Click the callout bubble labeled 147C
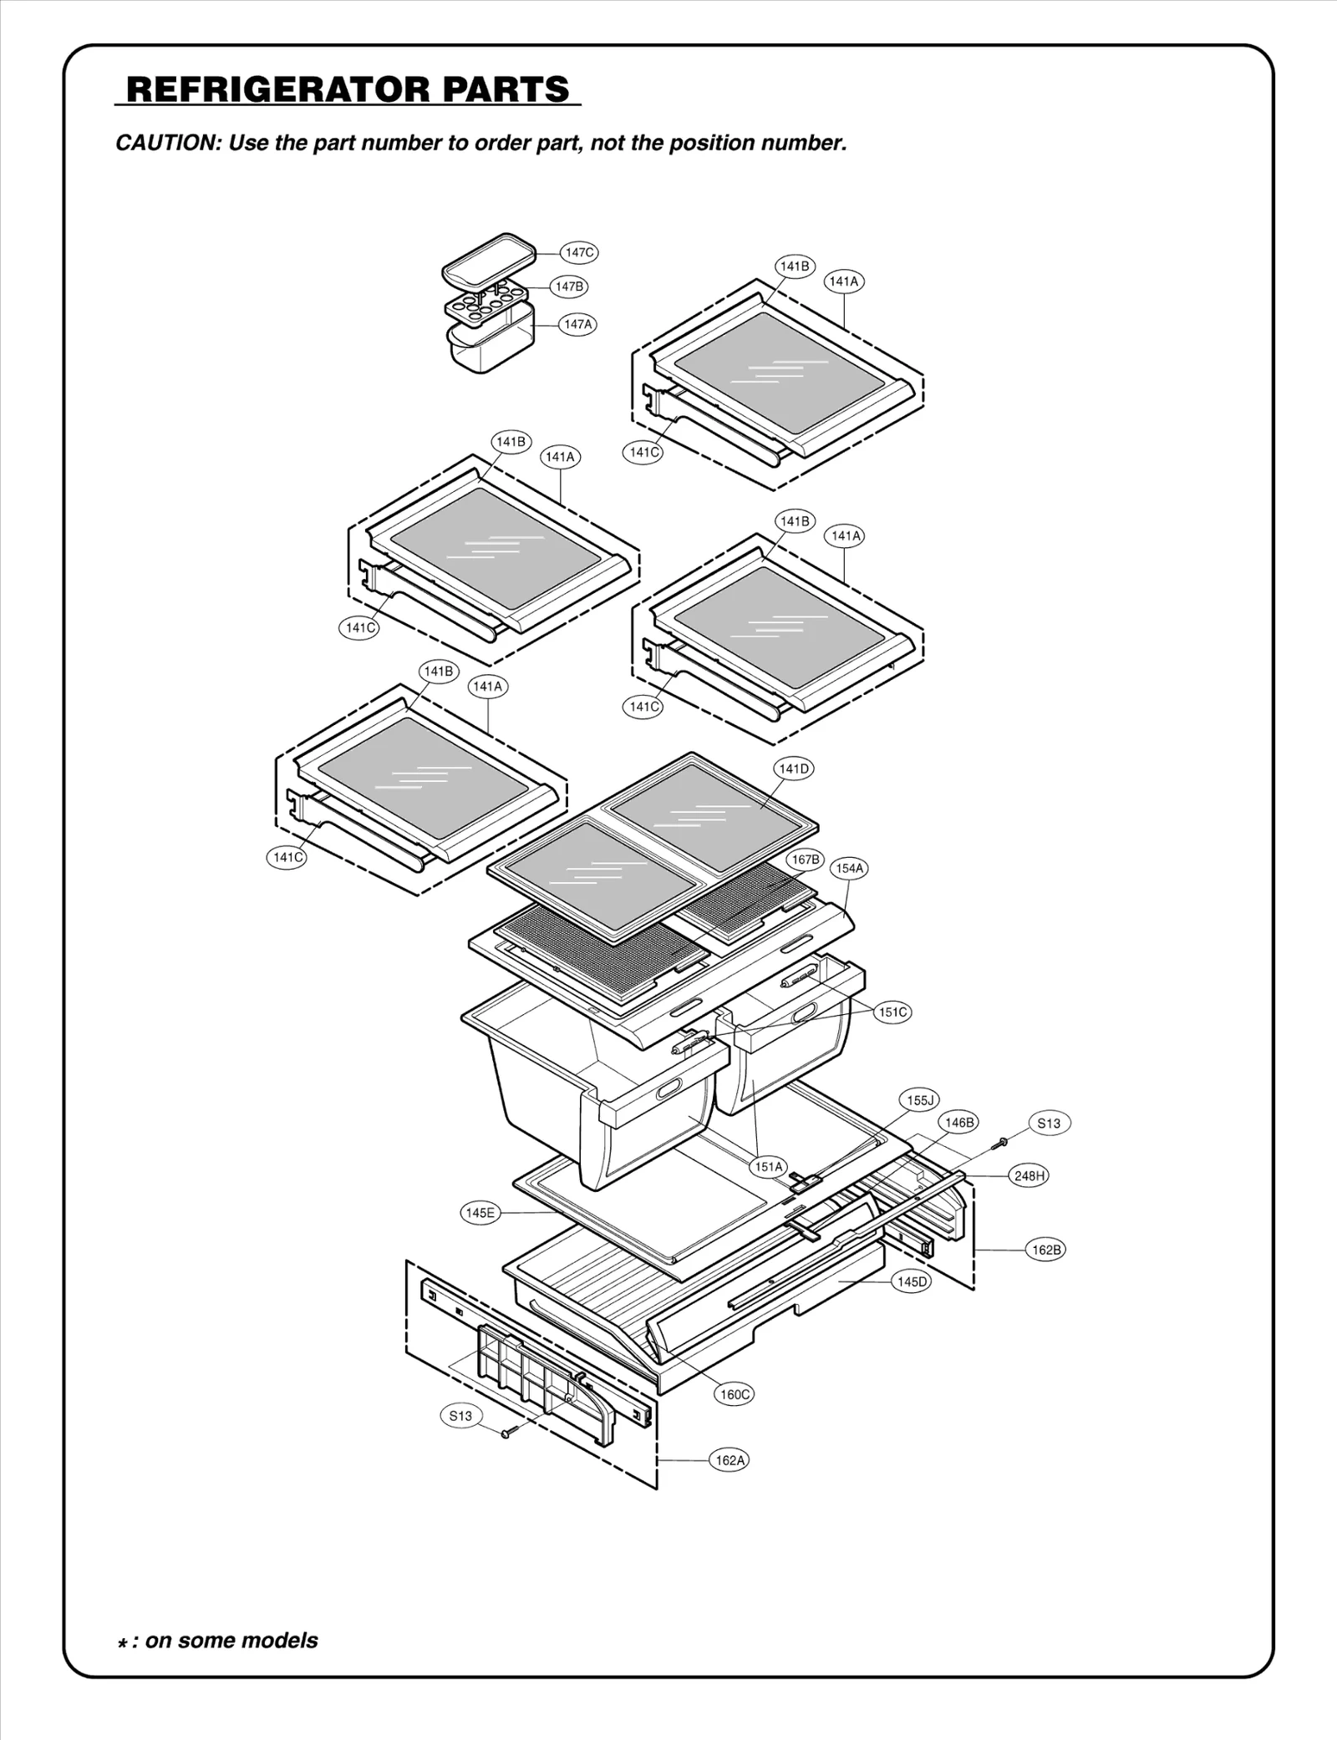[x=579, y=252]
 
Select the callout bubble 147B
[x=569, y=287]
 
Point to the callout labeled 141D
[x=794, y=769]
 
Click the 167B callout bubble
[x=806, y=860]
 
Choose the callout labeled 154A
[x=849, y=868]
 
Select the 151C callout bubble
[x=892, y=1012]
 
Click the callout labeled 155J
[x=919, y=1100]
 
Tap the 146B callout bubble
[x=958, y=1123]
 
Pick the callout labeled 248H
[x=1029, y=1176]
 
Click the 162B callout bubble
[x=1046, y=1250]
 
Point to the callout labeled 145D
[x=912, y=1281]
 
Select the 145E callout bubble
[x=480, y=1213]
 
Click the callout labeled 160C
[x=735, y=1394]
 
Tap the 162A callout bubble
[x=730, y=1460]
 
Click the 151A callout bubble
[x=769, y=1166]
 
